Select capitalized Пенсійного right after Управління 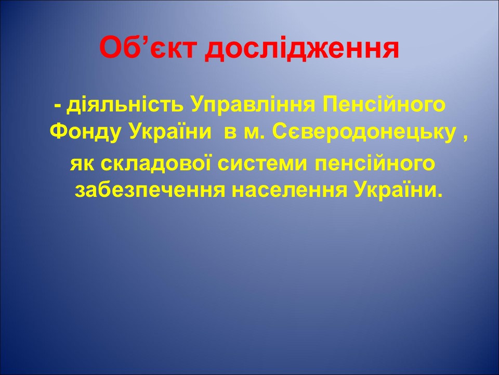[x=383, y=106]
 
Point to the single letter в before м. [x=229, y=133]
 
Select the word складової [x=156, y=165]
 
